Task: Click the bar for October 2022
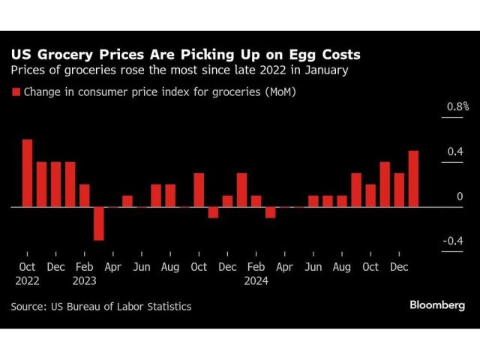coord(27,172)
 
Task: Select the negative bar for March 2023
coord(98,223)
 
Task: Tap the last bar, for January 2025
coord(413,178)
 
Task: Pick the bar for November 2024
coord(385,184)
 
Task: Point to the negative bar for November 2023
coord(213,212)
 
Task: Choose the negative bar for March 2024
coord(270,212)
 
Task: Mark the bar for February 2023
coord(84,195)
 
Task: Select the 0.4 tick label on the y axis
coord(455,152)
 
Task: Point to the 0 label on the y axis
coord(460,196)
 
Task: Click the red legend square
coord(15,93)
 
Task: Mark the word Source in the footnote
coord(27,306)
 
